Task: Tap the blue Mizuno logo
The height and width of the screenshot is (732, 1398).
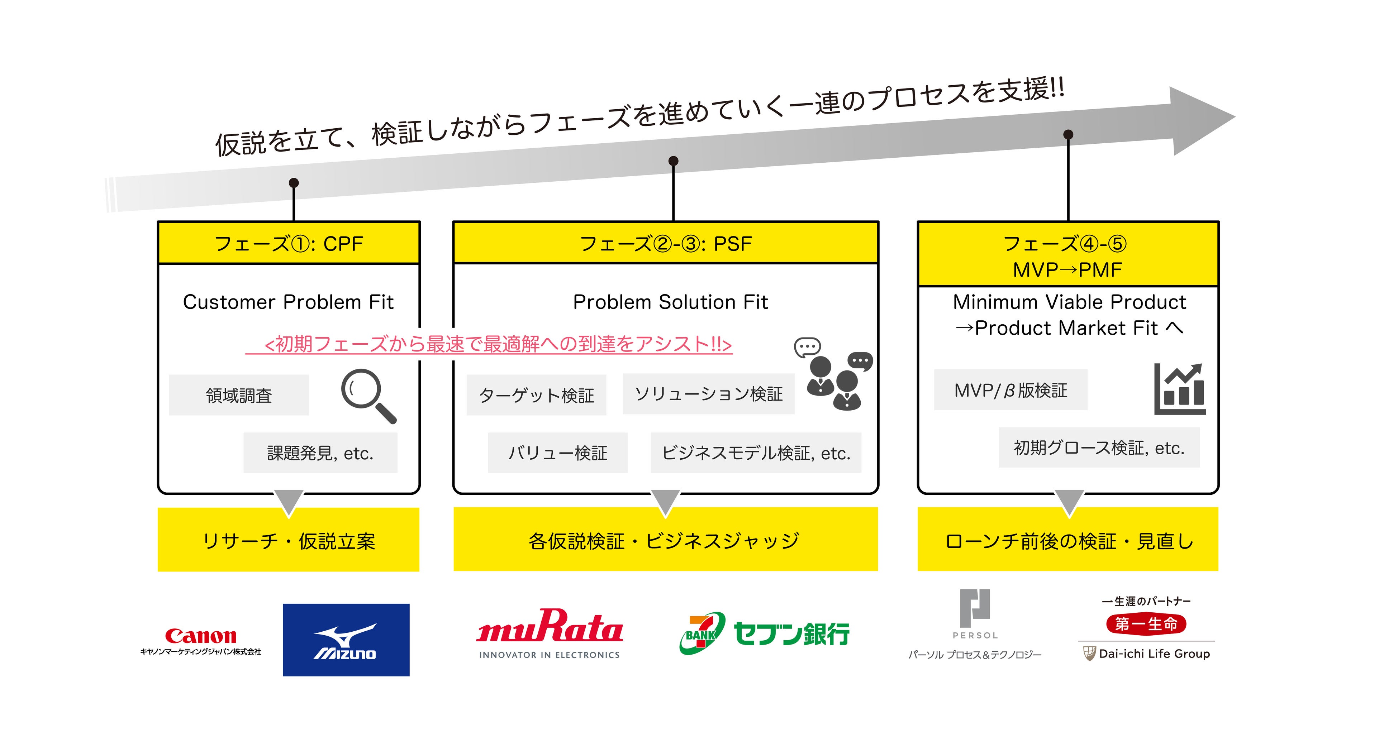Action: tap(346, 640)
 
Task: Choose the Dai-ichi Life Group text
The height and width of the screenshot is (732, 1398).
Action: tap(1154, 654)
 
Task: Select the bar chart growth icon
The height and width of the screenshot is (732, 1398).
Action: tap(1179, 389)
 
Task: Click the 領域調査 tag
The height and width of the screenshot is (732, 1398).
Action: tap(239, 395)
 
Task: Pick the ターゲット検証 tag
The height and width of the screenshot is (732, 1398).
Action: tap(536, 395)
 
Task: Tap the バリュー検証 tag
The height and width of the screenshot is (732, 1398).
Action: tap(557, 453)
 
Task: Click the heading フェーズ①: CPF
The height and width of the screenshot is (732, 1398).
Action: tap(289, 244)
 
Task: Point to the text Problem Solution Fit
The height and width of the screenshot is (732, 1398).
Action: tap(670, 302)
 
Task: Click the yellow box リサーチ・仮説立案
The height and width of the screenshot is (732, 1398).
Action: tap(288, 540)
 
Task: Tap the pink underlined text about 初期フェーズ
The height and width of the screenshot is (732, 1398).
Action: tap(497, 344)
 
